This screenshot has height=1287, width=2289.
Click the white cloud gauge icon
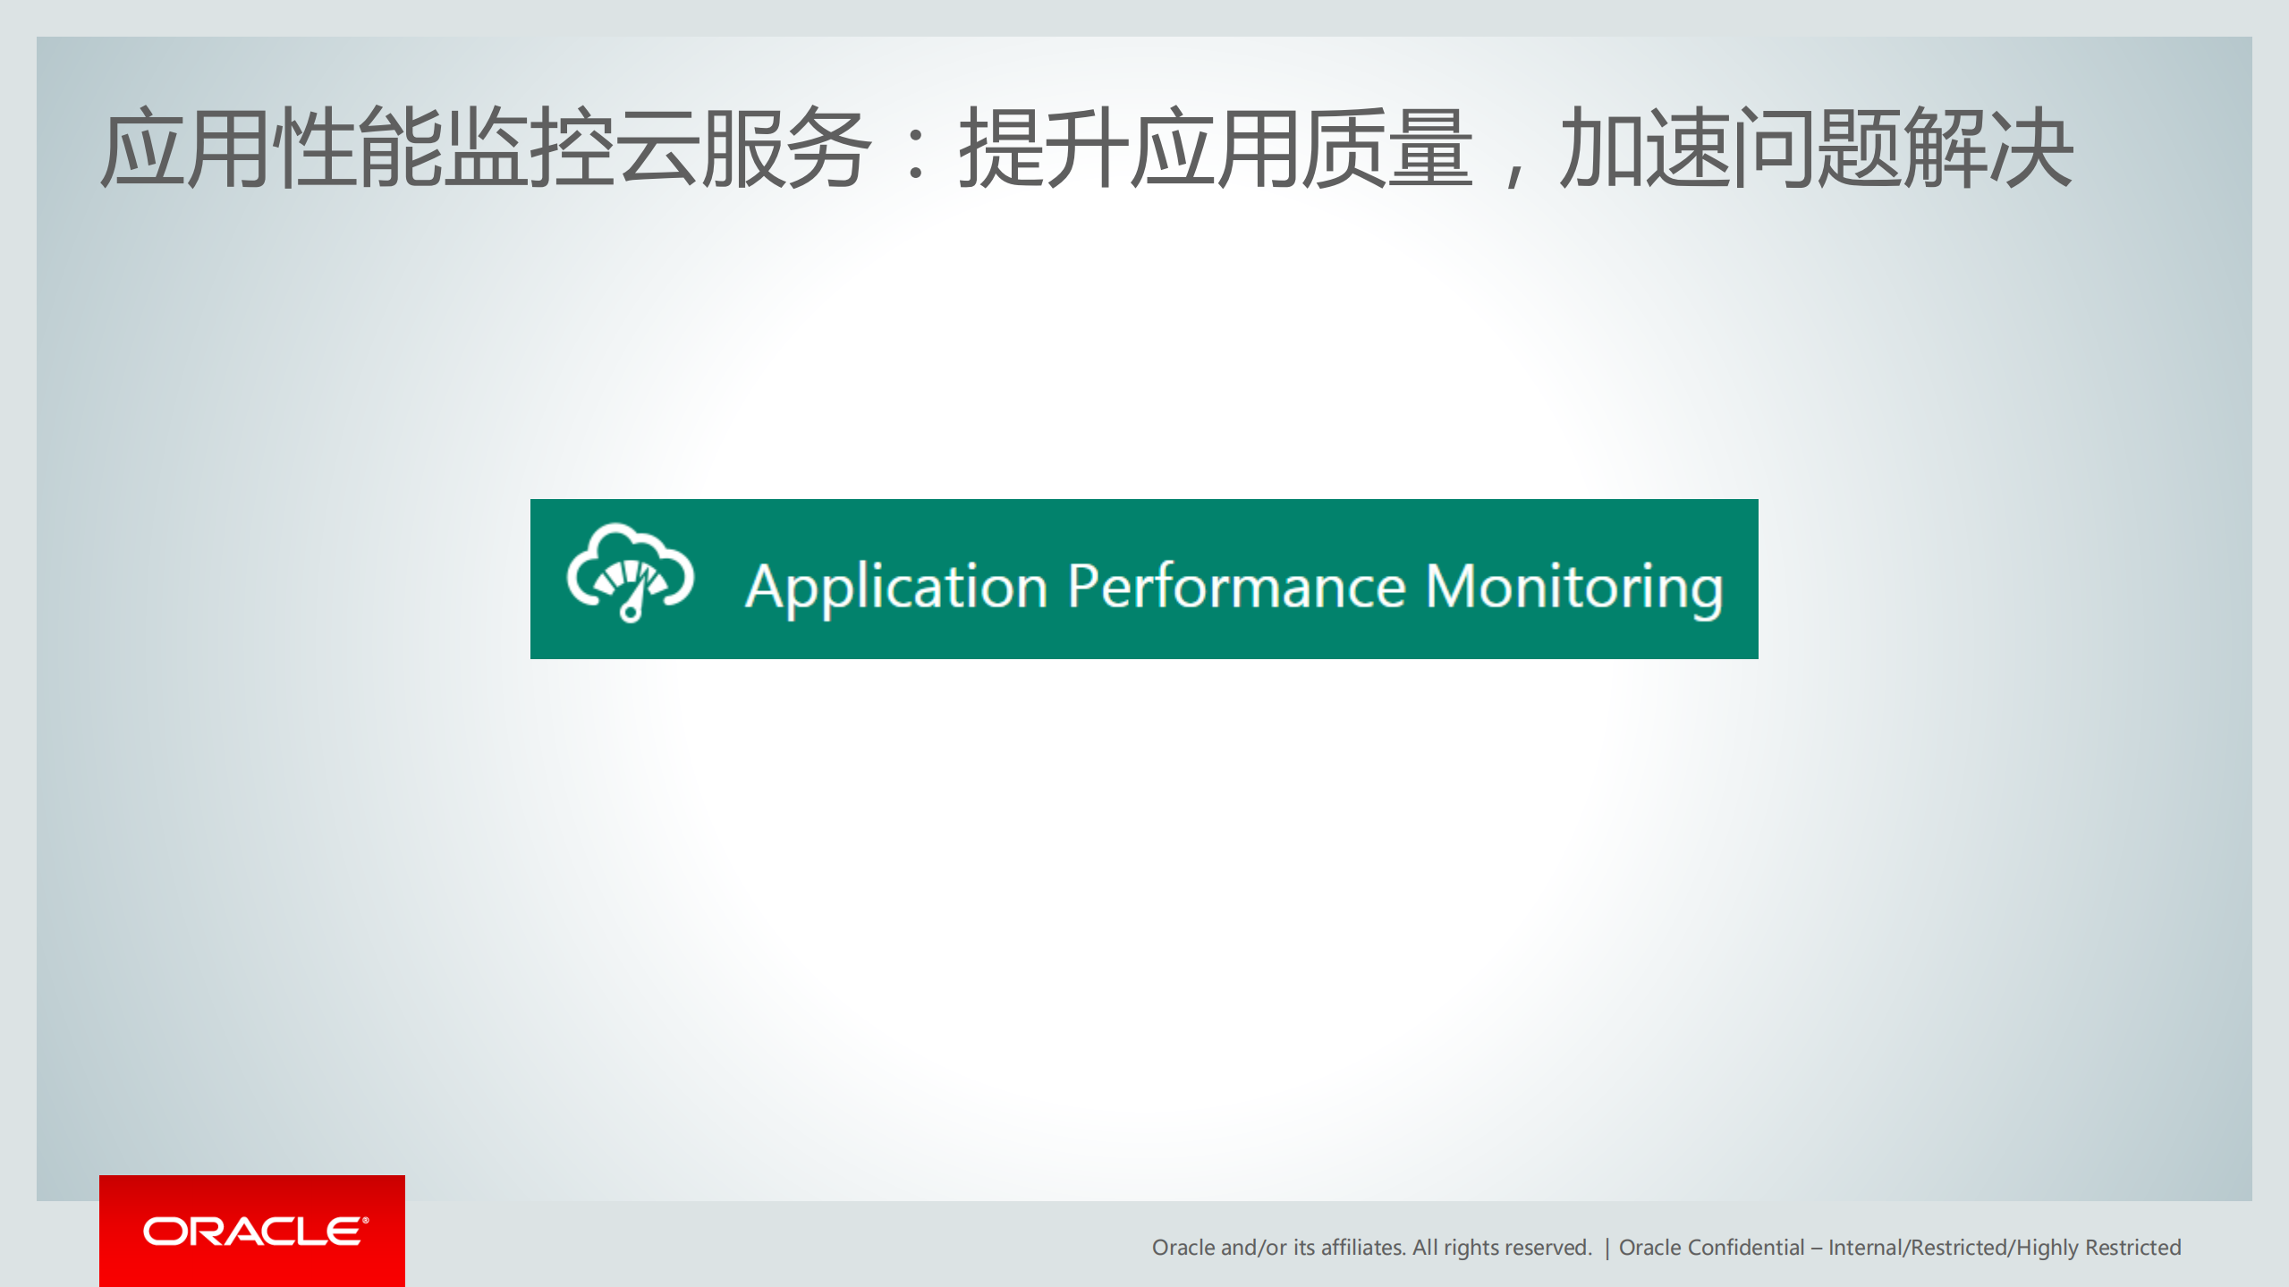pos(630,573)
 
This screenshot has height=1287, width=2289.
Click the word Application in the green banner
pos(895,588)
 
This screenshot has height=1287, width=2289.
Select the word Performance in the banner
pos(1236,588)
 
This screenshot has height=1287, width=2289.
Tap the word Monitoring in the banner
pos(1573,588)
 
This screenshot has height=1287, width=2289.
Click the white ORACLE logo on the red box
pos(255,1232)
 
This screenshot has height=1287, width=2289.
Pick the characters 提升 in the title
pos(1041,148)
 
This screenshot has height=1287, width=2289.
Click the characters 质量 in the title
pos(1386,148)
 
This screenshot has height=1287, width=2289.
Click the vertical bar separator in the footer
pos(1607,1249)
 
